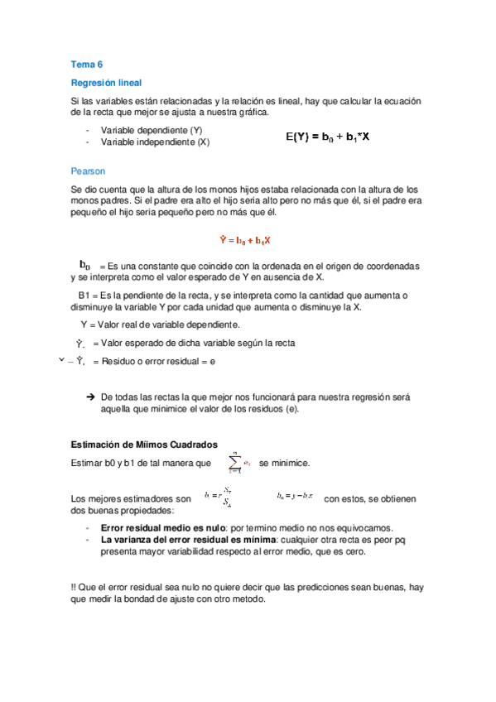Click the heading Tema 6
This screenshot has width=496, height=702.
pos(85,64)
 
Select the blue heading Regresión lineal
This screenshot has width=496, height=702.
pos(106,83)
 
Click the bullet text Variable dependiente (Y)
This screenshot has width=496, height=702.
pos(152,131)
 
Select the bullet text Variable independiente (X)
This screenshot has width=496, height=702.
pos(155,142)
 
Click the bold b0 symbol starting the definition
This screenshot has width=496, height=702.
pos(84,265)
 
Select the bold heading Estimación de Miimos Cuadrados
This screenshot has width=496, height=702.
pos(145,445)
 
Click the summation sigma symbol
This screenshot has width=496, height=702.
pos(236,462)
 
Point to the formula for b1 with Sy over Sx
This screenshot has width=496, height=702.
pos(217,498)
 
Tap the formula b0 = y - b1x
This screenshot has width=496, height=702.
pos(295,496)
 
